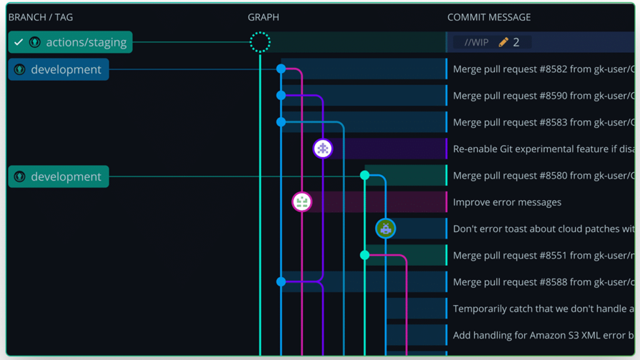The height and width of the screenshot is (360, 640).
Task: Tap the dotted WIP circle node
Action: click(260, 42)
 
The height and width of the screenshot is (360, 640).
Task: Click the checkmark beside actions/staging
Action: click(19, 42)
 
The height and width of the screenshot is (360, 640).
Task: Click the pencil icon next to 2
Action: click(504, 42)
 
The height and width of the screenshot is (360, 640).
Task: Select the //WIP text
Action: click(476, 42)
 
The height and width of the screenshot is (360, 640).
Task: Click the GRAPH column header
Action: click(263, 17)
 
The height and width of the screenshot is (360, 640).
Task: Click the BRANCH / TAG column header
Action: click(41, 17)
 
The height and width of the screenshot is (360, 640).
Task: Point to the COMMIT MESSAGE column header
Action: click(489, 17)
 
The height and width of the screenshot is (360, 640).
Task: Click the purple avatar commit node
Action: click(322, 149)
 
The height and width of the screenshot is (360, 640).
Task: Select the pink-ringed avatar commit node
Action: click(302, 202)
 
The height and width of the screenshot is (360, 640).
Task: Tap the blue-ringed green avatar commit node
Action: click(386, 229)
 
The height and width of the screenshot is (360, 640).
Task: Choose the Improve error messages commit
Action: click(507, 202)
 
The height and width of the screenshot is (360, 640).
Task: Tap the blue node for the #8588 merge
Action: click(281, 282)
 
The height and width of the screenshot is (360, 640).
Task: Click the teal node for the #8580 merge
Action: click(365, 176)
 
